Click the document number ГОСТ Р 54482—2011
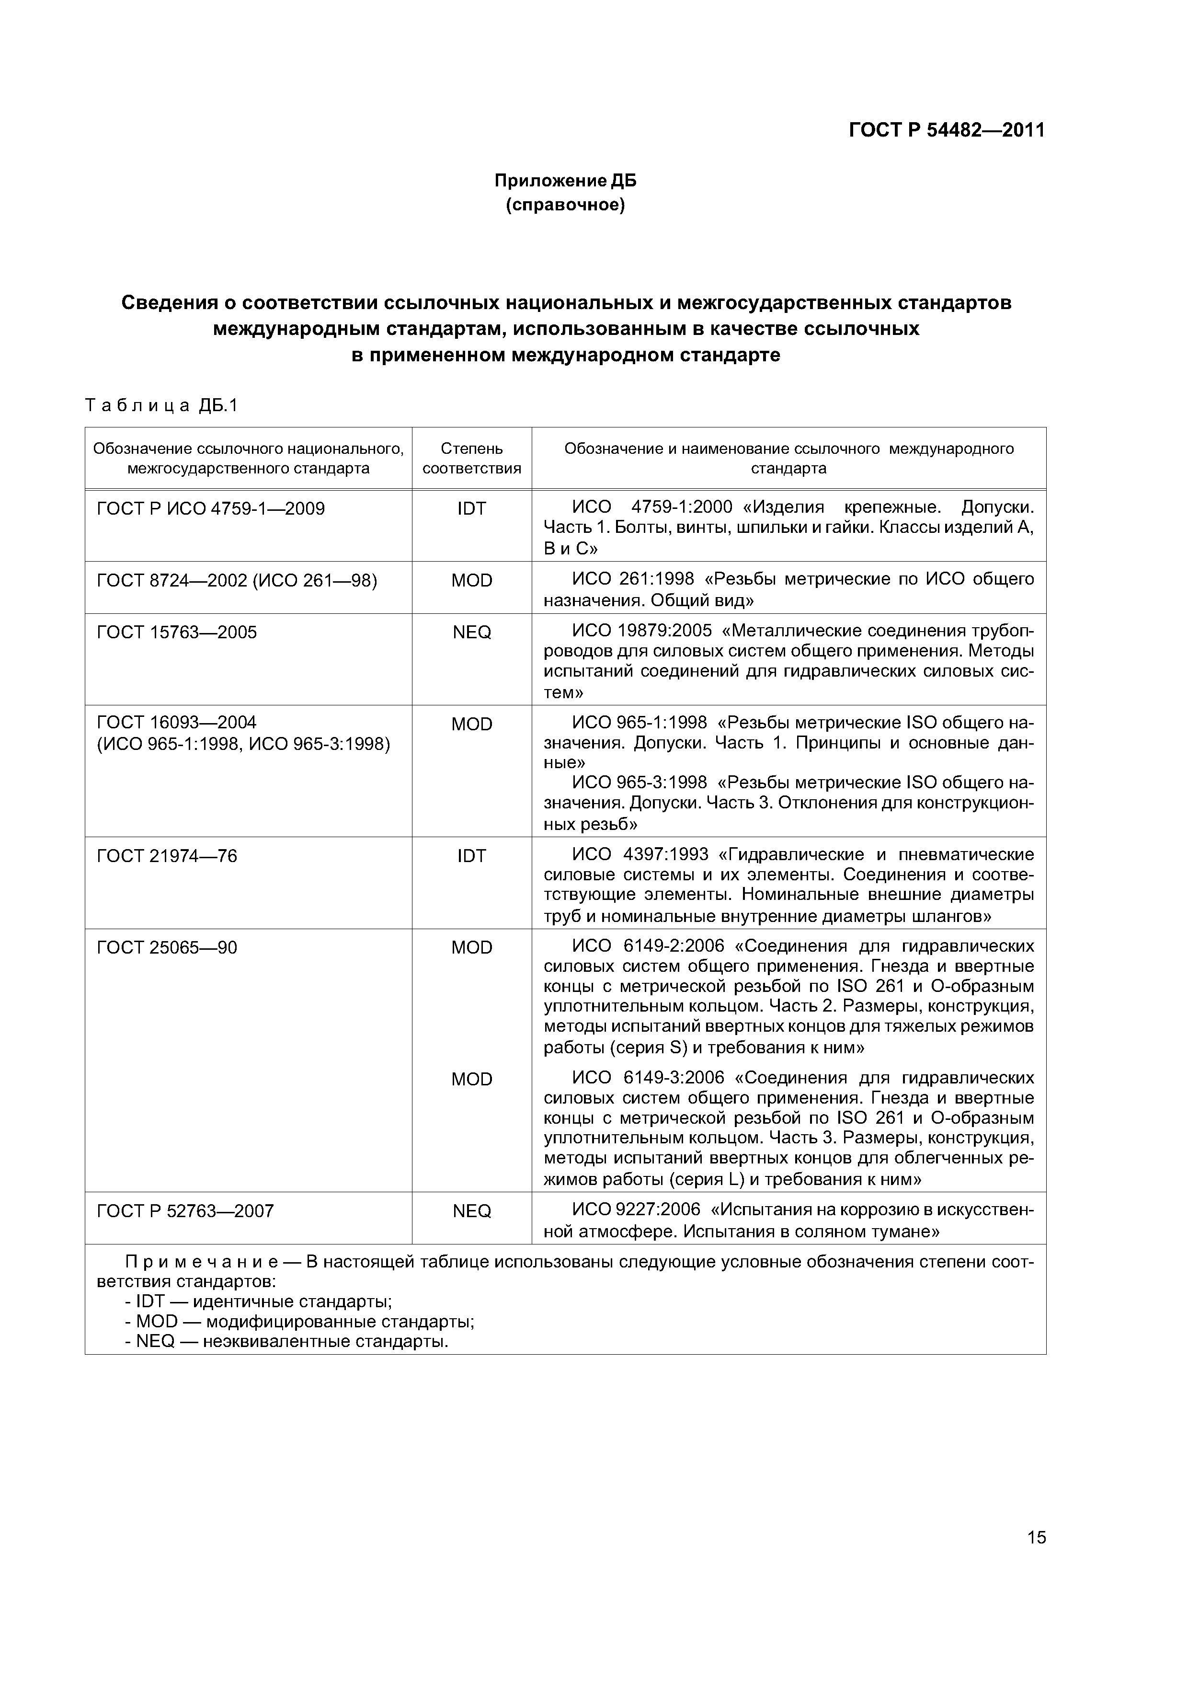[947, 130]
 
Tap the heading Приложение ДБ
[565, 180]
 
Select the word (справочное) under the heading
[565, 206]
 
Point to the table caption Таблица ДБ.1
[162, 405]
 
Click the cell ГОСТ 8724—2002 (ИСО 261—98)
[237, 581]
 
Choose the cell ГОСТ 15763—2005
[177, 632]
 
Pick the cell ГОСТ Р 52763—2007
[185, 1211]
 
